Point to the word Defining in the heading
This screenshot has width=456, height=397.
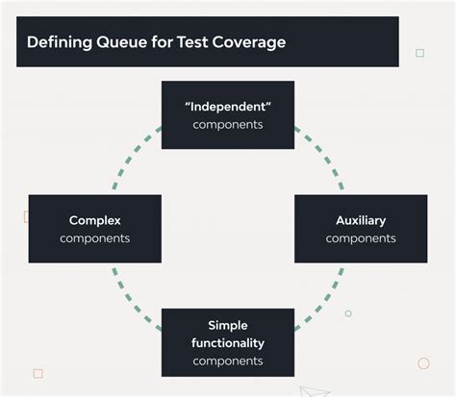click(x=59, y=42)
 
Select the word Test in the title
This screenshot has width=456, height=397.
click(x=189, y=42)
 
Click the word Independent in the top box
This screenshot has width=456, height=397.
click(x=228, y=107)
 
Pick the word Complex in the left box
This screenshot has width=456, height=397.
click(x=95, y=220)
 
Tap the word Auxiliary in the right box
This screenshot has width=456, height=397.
click(x=361, y=220)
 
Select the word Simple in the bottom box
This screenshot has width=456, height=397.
click(x=228, y=325)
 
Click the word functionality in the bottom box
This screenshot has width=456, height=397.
click(x=228, y=342)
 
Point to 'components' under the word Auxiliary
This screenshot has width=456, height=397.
click(x=361, y=238)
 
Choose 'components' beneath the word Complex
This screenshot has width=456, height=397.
click(x=95, y=238)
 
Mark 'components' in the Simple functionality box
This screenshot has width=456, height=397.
click(x=228, y=360)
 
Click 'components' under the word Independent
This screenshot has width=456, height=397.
click(x=228, y=125)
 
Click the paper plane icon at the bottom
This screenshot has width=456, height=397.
click(x=314, y=391)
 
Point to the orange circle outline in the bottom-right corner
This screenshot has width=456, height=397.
click(x=423, y=363)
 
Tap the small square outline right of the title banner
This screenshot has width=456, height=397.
click(x=419, y=53)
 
